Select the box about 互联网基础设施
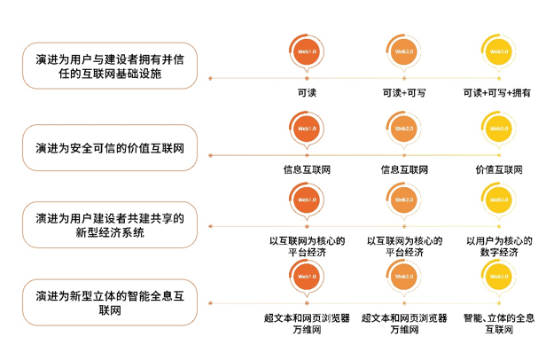[111, 67]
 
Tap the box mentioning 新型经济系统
[111, 223]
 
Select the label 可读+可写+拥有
[497, 92]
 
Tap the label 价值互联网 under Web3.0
[499, 168]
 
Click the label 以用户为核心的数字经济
[499, 246]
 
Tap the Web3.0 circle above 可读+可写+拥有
[499, 52]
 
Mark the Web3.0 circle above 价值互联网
[499, 129]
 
